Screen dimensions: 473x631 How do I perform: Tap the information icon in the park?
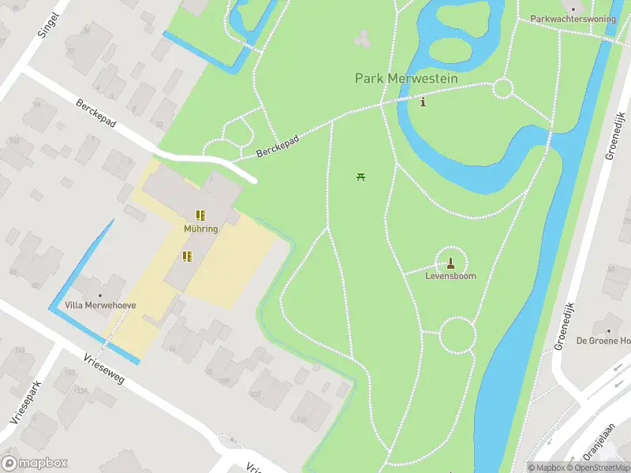pos(424,102)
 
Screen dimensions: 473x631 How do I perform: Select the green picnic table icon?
pos(360,177)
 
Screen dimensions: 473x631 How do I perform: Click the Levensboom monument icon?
pos(450,263)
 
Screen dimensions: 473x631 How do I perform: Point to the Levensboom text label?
pos(450,277)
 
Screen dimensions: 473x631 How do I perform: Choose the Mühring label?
pos(201,229)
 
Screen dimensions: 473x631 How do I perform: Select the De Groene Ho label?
pos(603,341)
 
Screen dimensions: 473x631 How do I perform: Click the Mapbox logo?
pos(35,464)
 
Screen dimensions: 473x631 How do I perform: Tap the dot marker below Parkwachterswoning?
pos(595,32)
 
